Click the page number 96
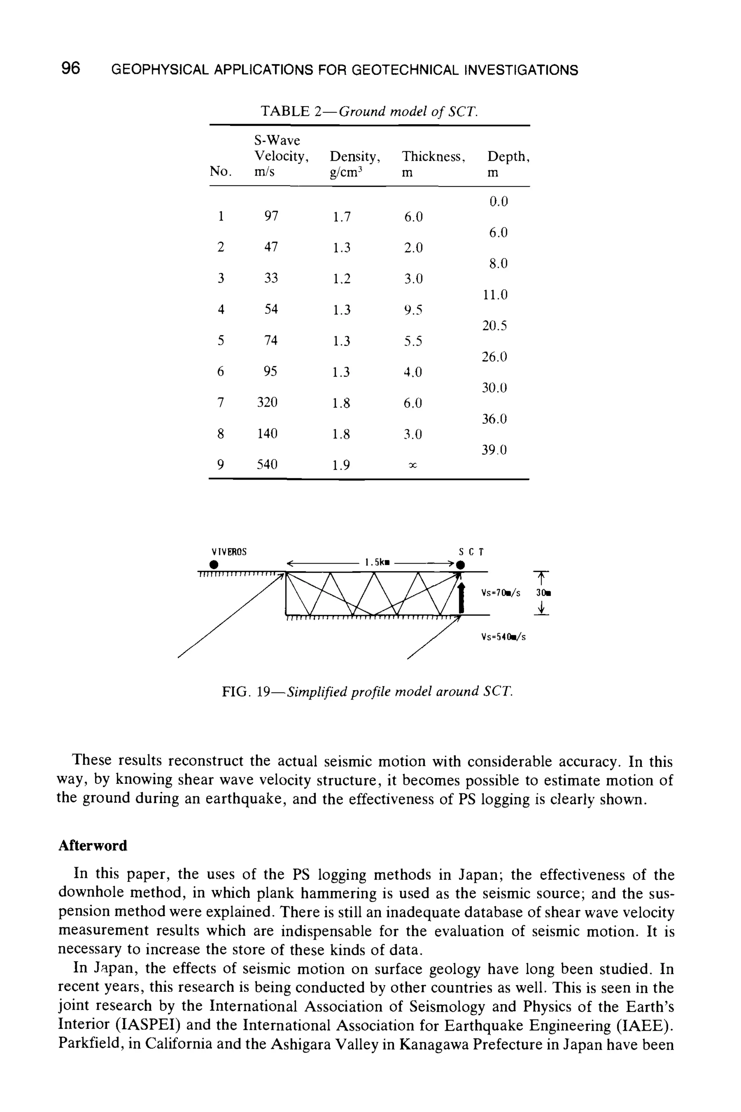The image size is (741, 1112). click(71, 68)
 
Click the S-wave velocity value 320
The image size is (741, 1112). click(267, 403)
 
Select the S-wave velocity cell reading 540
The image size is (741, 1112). click(267, 465)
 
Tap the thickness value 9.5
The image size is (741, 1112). click(413, 310)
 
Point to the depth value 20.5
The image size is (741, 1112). click(494, 326)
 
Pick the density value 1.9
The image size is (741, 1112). click(341, 466)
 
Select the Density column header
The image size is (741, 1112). click(355, 156)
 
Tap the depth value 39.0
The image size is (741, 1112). click(494, 450)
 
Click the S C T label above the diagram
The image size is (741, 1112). click(471, 551)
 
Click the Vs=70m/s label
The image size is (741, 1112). click(500, 593)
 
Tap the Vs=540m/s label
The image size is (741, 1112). click(503, 637)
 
